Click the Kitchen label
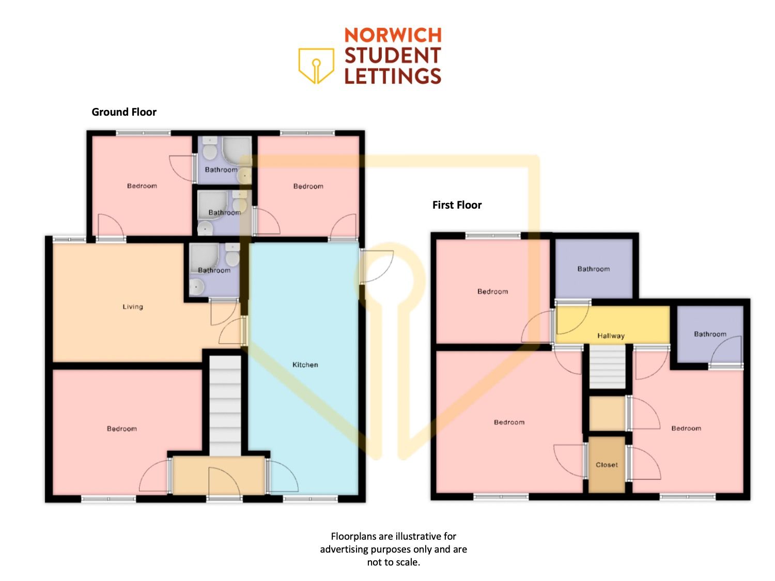(305, 365)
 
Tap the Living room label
(133, 307)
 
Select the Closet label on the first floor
(607, 465)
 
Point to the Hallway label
(611, 336)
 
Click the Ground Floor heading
(124, 112)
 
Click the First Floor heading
(457, 205)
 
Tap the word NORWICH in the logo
(393, 35)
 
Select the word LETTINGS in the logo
(393, 76)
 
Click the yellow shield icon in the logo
(316, 66)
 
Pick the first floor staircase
(607, 366)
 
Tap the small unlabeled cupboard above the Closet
(607, 413)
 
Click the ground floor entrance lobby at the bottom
(219, 475)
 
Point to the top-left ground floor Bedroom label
(142, 186)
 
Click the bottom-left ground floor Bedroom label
(122, 429)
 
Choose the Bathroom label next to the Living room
(214, 270)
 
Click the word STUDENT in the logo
(393, 55)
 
